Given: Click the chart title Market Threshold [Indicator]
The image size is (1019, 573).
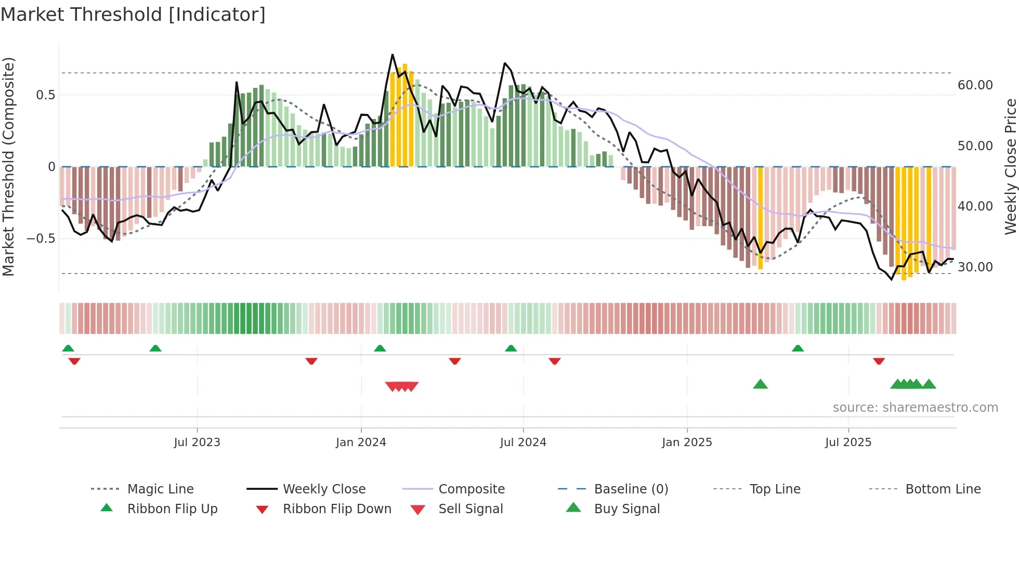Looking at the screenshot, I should (x=133, y=15).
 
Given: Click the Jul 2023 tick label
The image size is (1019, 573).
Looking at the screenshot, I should (x=197, y=442).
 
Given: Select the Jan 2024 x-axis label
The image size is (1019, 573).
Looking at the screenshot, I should (x=361, y=442).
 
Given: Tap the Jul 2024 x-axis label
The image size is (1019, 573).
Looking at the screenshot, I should (x=523, y=442).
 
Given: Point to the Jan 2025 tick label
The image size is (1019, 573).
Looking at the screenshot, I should (x=687, y=442).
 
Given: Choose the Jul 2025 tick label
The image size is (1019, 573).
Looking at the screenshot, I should (x=848, y=442).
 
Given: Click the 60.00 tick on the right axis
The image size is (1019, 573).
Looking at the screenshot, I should (x=975, y=85).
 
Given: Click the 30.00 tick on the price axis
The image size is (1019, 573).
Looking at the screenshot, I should (x=975, y=267).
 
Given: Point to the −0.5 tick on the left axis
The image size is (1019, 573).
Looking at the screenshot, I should (x=41, y=239).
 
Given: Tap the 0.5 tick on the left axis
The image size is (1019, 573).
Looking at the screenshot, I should (x=45, y=95).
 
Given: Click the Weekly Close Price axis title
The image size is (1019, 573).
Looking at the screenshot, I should (x=1010, y=166).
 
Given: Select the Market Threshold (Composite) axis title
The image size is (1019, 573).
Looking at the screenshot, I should (x=9, y=166).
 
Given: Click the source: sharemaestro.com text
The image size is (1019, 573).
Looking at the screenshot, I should (x=915, y=408).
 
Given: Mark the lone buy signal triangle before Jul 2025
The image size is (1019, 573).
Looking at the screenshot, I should (x=760, y=384).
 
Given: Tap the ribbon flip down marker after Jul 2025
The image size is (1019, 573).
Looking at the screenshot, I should (x=879, y=361).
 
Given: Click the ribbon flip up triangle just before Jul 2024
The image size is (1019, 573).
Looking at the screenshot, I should (x=511, y=348).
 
